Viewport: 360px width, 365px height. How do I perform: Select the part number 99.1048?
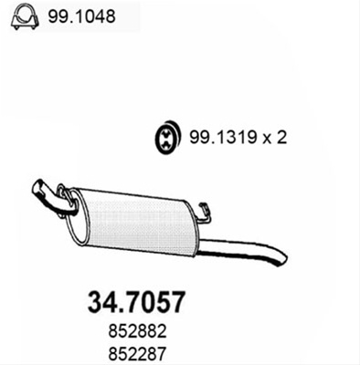point(81,16)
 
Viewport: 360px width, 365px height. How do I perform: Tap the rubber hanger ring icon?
point(167,138)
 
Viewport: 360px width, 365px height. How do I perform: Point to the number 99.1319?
point(223,138)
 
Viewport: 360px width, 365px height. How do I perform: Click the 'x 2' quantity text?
point(275,138)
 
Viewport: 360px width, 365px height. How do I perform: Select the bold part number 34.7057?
point(136,302)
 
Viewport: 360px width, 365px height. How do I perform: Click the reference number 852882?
point(137,331)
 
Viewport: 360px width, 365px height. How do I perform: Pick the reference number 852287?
point(137,354)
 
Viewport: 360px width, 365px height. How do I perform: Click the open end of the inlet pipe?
point(37,186)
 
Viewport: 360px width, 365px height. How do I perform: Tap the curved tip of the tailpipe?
point(281,260)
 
